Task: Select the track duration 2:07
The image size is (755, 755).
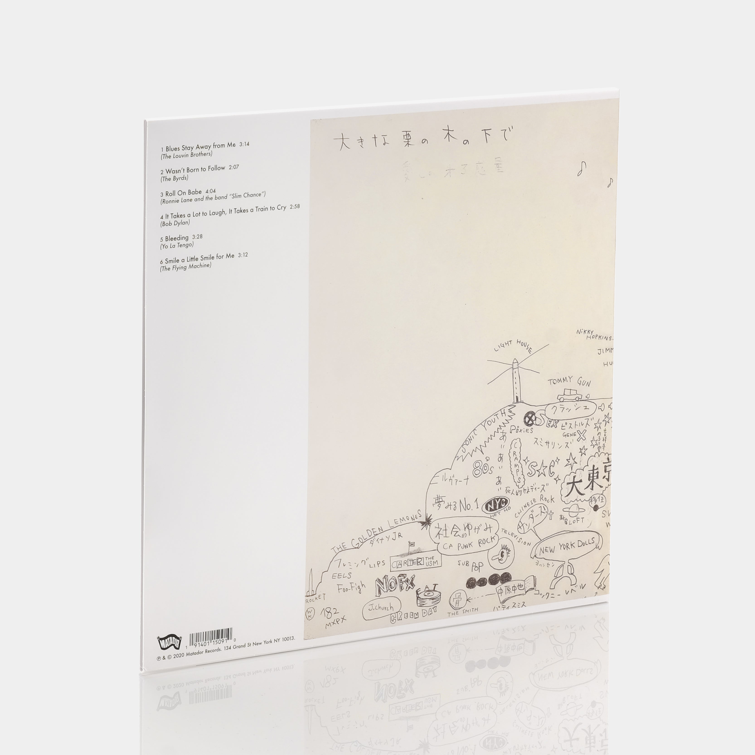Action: pos(234,167)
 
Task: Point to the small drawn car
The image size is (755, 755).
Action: pos(569,396)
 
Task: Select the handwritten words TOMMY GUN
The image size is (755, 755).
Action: pos(569,381)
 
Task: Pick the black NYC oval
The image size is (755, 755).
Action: pos(496,505)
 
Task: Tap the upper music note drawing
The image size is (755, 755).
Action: pos(583,168)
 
